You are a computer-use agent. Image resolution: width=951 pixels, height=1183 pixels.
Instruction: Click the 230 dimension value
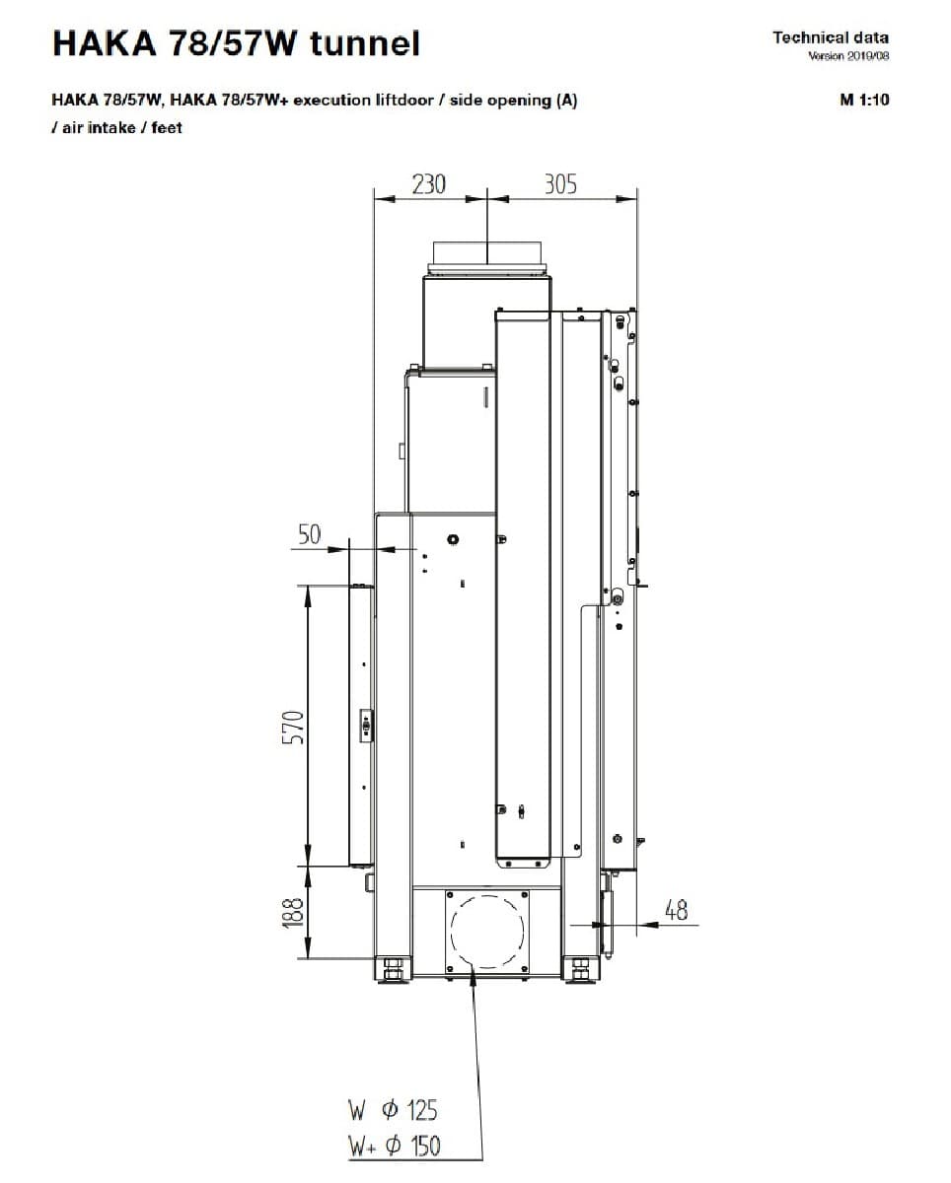point(428,184)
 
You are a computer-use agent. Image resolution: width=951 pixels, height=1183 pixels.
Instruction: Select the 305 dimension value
point(560,184)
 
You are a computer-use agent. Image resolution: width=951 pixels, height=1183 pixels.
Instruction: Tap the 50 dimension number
point(309,534)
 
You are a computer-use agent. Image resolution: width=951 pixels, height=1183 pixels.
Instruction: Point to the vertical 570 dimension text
point(293,728)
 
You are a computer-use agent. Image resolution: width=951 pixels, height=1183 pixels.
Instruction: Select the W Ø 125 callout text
point(393,1110)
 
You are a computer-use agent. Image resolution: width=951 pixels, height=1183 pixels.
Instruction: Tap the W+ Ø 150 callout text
point(394,1146)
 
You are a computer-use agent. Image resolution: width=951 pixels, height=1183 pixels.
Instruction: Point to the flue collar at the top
point(487,258)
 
